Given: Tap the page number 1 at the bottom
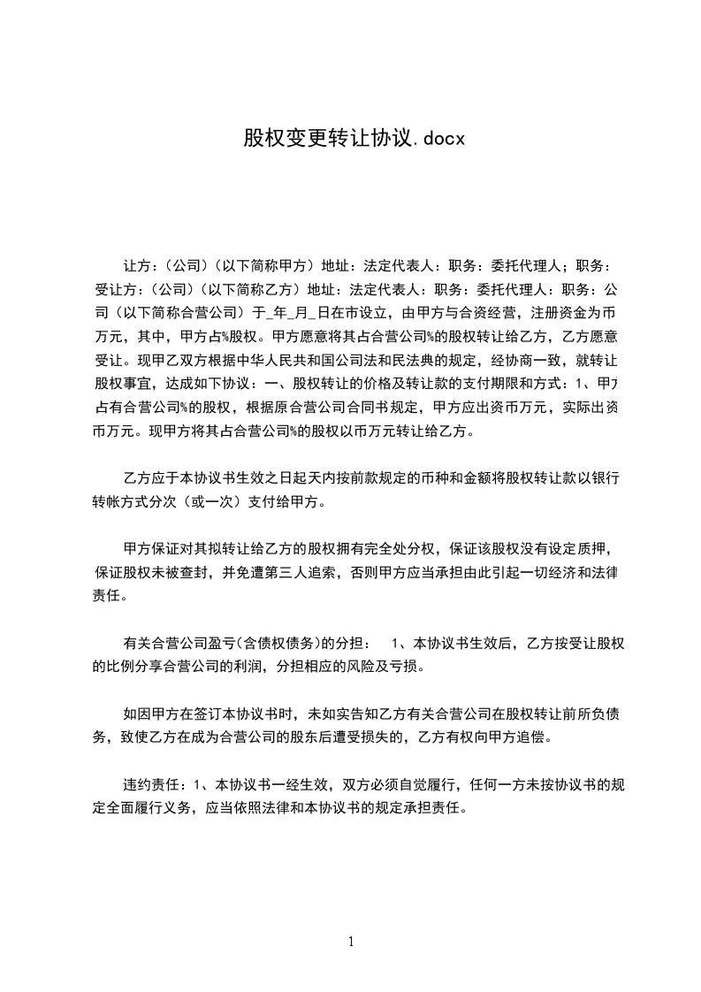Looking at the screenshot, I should [x=351, y=942].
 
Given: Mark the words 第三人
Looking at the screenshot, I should [x=301, y=573].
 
